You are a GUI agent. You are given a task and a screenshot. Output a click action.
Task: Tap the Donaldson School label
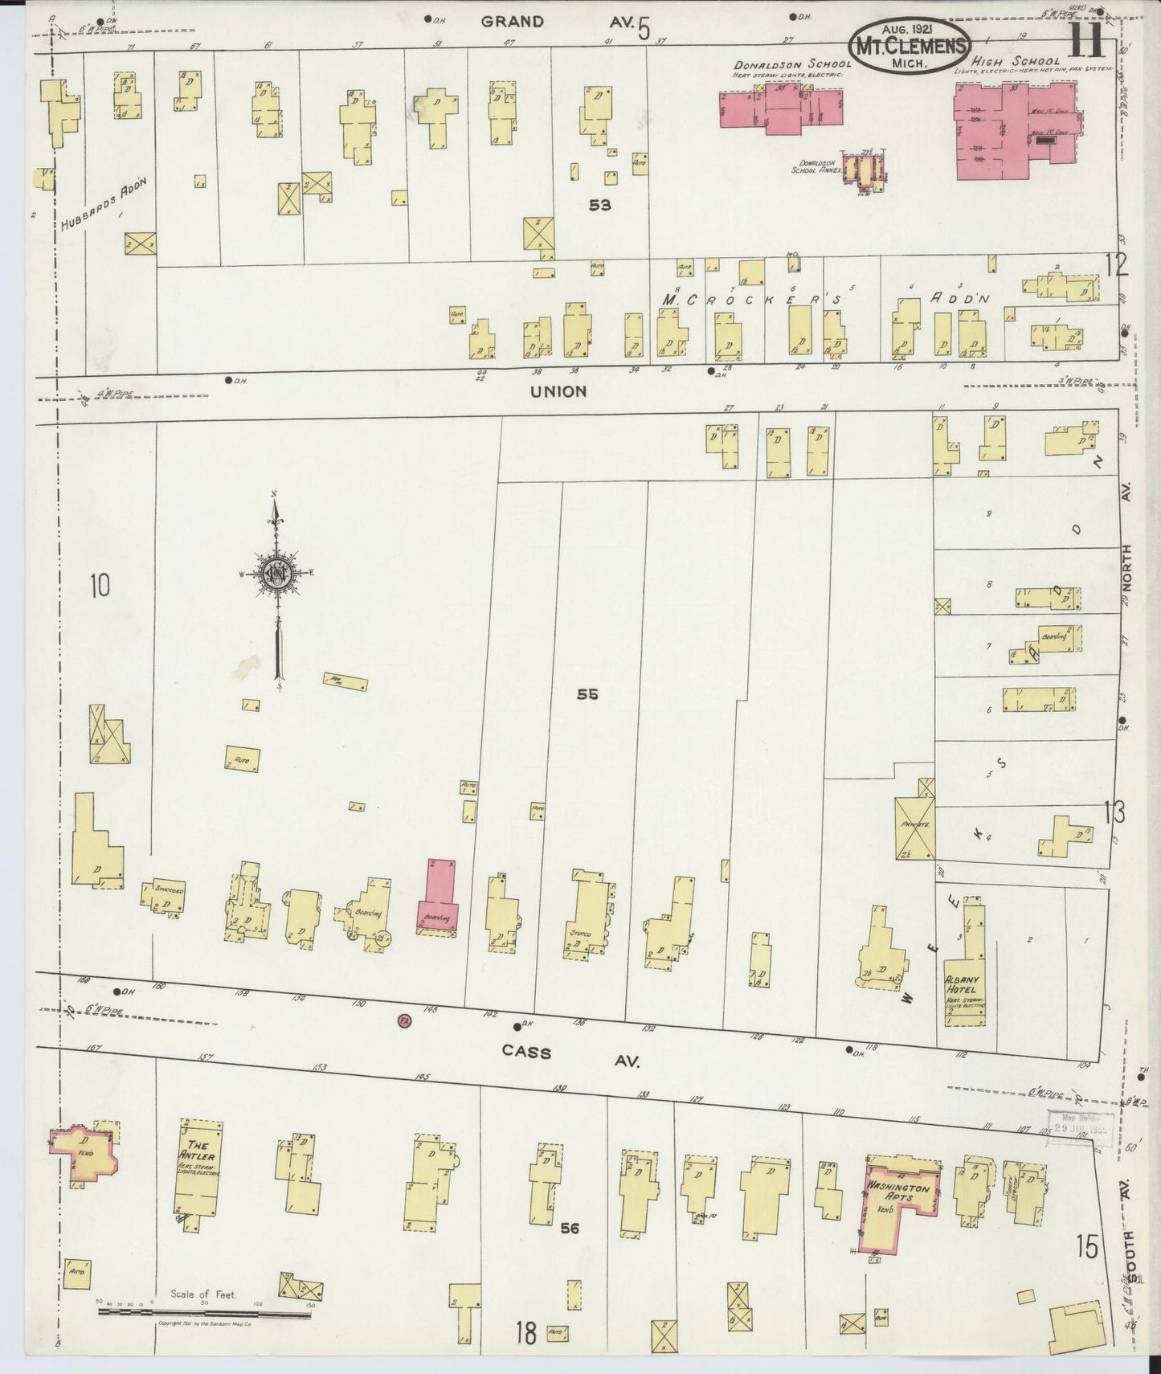[791, 63]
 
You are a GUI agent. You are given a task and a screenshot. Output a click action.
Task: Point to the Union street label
[558, 391]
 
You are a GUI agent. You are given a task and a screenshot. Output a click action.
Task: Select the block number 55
[587, 694]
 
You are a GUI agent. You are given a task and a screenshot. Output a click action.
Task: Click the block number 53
[599, 205]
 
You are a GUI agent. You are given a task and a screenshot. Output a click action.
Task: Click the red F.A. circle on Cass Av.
[405, 1020]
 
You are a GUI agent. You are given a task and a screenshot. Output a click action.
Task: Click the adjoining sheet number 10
[99, 586]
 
